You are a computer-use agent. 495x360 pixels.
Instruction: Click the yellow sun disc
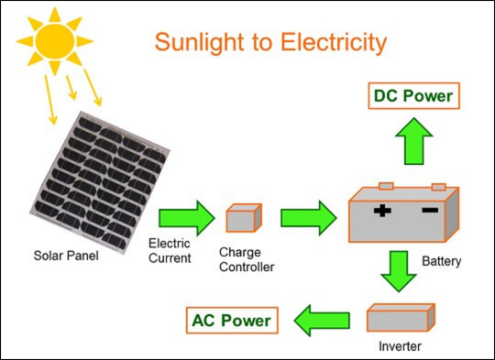(x=53, y=37)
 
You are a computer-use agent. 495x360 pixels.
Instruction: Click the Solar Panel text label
(x=67, y=254)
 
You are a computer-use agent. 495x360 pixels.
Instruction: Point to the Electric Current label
(x=170, y=251)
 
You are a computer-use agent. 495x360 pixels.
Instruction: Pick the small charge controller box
(x=244, y=218)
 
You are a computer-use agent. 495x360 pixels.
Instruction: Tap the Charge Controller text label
(x=248, y=258)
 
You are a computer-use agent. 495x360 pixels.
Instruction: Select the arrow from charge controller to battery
(x=307, y=218)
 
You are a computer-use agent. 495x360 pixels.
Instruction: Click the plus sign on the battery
(x=382, y=212)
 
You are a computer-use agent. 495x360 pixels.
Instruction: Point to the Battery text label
(x=442, y=261)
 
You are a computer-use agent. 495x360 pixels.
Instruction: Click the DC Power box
(x=412, y=95)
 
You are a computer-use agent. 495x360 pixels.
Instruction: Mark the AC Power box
(x=232, y=320)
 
